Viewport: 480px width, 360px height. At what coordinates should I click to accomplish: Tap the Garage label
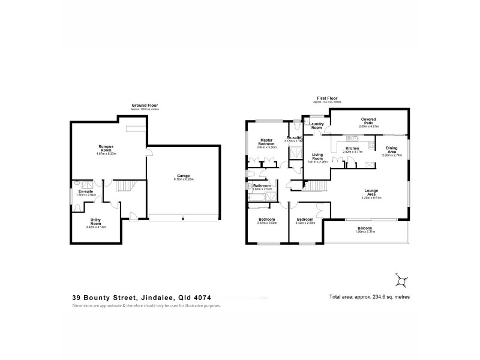(183, 175)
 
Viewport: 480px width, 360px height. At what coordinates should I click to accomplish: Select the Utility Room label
(95, 221)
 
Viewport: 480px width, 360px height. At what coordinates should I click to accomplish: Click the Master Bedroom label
(266, 142)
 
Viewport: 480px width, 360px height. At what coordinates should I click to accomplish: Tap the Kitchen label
(352, 148)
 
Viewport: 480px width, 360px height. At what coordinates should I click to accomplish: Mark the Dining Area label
(391, 149)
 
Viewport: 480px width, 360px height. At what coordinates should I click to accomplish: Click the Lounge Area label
(370, 193)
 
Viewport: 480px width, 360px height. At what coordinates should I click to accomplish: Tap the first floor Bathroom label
(262, 185)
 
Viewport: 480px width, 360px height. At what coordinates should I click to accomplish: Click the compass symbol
(400, 280)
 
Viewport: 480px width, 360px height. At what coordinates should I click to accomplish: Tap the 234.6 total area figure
(377, 296)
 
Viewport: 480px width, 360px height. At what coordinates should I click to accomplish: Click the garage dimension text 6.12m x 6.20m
(183, 179)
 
